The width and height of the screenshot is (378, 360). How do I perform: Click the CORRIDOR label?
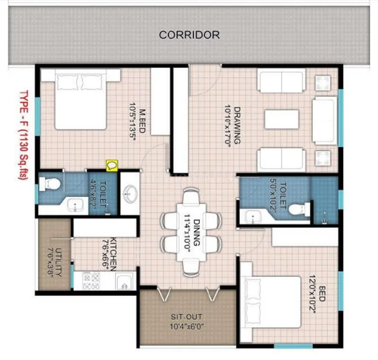[189, 35]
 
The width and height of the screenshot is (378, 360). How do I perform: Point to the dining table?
[191, 231]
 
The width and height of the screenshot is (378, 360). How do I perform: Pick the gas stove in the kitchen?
[90, 281]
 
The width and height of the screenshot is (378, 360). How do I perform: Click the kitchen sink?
[123, 281]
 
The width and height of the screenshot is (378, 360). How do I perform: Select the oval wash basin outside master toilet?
[129, 193]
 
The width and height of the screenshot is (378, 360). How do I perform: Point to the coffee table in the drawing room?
[282, 119]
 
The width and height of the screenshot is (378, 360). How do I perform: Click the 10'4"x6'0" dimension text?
[188, 326]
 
